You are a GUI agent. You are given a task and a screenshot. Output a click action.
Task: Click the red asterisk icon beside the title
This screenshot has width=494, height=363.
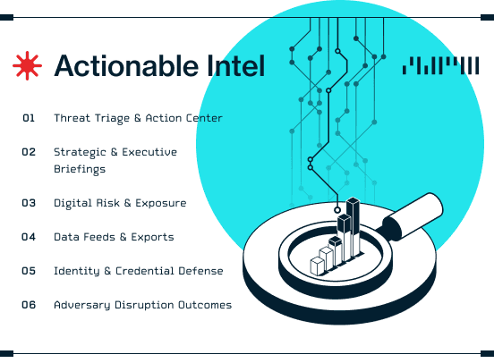point(27,65)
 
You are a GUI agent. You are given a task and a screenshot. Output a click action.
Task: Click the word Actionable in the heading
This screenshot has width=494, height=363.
point(127,65)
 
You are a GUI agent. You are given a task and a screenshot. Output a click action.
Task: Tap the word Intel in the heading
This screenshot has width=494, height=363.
point(236,65)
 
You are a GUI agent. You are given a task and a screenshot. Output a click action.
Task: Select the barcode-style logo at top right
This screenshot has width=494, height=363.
point(440,65)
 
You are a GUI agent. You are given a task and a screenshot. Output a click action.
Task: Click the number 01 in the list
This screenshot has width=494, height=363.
point(29,118)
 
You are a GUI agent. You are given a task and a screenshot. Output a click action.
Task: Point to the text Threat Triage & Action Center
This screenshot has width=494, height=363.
point(138,118)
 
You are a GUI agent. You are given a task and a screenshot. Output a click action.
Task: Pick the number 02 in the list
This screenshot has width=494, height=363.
point(29,152)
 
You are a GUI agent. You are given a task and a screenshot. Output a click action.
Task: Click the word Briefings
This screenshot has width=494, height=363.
point(80,169)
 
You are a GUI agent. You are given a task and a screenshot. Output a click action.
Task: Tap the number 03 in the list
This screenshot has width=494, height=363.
point(29,203)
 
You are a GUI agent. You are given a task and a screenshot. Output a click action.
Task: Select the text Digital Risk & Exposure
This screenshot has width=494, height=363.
point(120,203)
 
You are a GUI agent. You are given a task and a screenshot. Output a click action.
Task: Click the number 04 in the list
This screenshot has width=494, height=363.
point(29,237)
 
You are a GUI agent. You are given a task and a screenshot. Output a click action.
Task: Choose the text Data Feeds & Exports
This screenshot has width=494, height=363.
point(114,237)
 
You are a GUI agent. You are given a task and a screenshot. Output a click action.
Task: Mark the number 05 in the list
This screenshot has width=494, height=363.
point(29,271)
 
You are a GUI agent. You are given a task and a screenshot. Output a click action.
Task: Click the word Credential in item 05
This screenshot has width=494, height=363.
point(145,271)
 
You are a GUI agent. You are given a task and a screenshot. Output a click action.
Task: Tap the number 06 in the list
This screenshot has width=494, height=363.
point(29,305)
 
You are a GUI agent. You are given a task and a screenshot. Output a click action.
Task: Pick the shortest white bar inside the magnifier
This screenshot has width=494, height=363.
point(318,266)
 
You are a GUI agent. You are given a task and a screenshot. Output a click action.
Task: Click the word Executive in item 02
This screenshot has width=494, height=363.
point(149,152)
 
